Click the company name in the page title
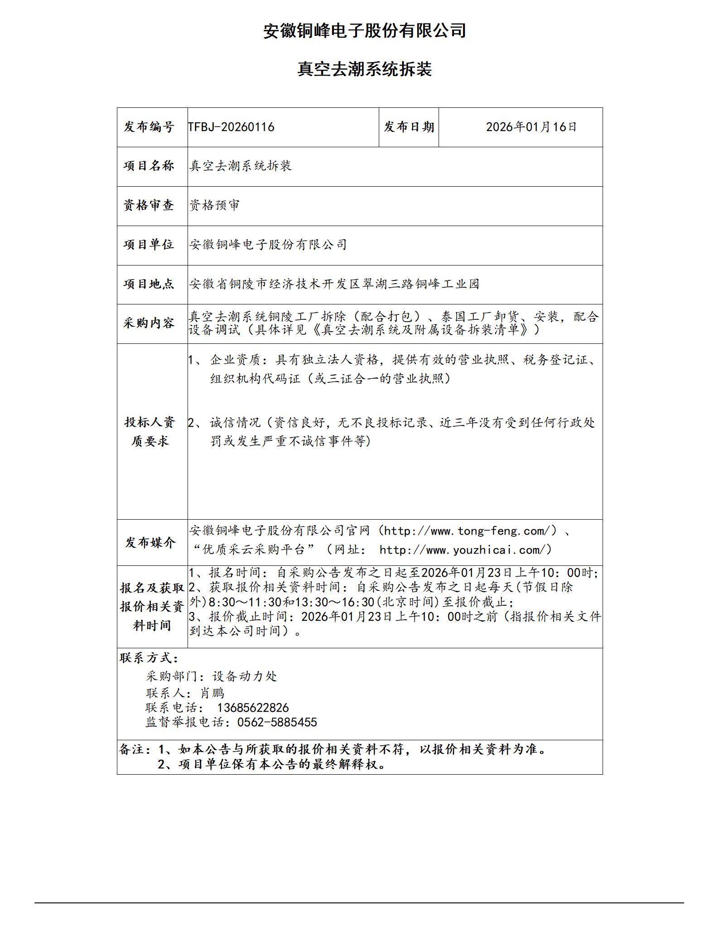click(x=365, y=31)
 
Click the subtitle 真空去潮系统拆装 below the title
click(x=365, y=69)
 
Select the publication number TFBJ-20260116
click(x=232, y=127)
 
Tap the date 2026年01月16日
click(x=531, y=127)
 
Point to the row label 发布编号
click(x=149, y=127)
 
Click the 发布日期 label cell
click(x=409, y=127)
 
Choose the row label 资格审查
click(x=149, y=205)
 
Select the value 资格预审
click(x=215, y=205)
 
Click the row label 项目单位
click(x=149, y=245)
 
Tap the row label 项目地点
click(x=149, y=284)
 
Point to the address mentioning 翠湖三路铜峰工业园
click(x=334, y=284)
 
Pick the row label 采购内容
click(x=149, y=323)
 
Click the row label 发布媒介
click(x=150, y=542)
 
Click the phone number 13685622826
click(x=253, y=708)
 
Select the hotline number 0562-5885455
click(x=277, y=722)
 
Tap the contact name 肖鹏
click(x=212, y=693)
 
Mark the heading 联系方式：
click(x=149, y=658)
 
